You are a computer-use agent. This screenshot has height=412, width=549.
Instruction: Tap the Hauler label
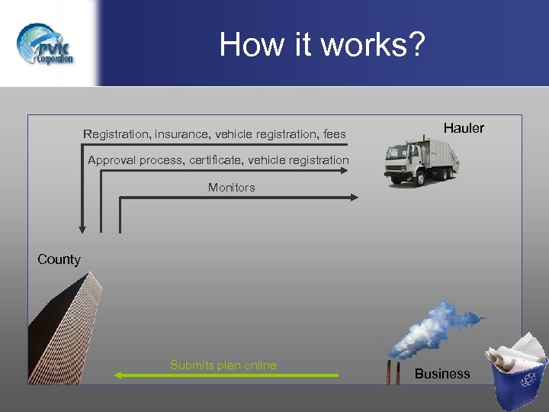coord(464,128)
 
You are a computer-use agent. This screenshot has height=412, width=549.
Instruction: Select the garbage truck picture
coord(422,160)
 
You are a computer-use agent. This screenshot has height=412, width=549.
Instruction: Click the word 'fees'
coord(334,134)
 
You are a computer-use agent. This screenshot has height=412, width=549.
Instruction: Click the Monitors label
coord(232,187)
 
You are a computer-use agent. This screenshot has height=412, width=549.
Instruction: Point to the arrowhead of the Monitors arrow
coord(354,197)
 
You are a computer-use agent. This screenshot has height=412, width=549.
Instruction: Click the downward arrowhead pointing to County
coord(82,228)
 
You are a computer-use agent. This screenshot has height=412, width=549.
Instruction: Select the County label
coord(59,259)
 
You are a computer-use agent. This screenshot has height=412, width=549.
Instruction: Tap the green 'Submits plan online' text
coord(223,365)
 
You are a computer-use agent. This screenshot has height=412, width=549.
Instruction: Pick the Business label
coord(442,374)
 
